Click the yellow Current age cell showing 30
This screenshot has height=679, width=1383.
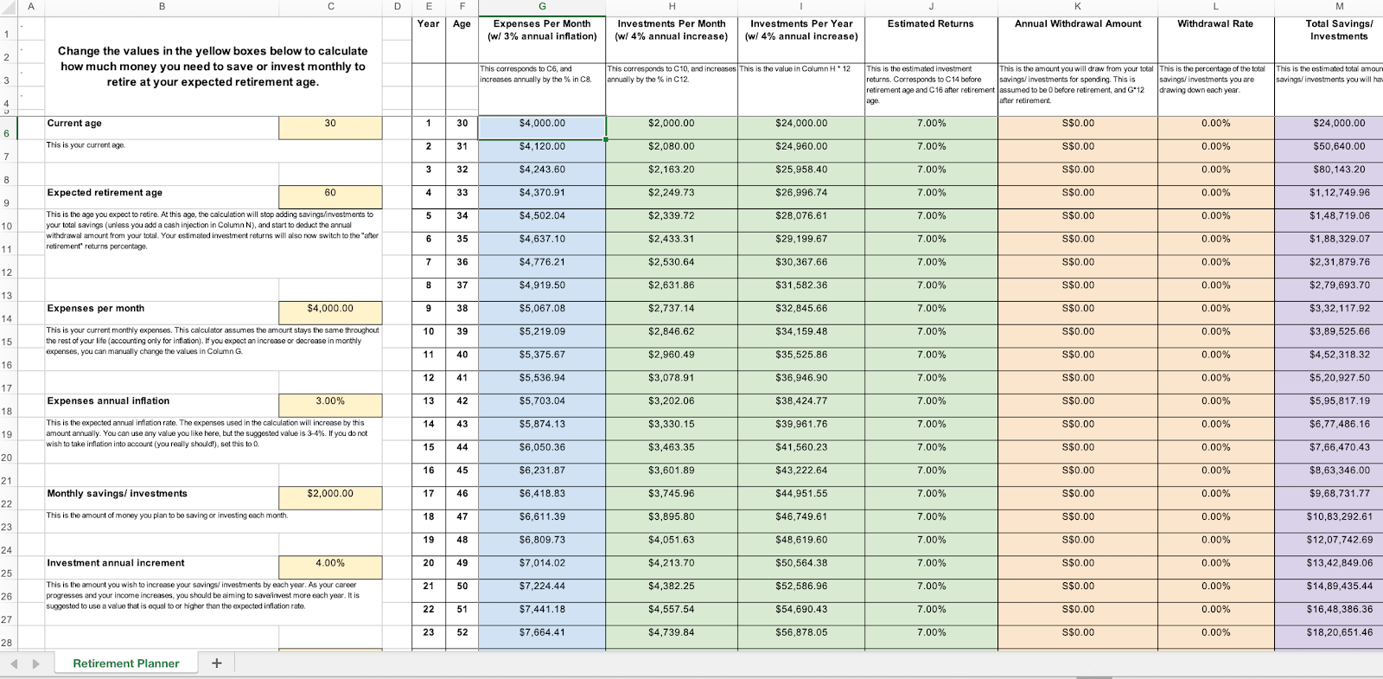point(330,124)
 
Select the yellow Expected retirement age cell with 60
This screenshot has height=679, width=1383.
point(330,193)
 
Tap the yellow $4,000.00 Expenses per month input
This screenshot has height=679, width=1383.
point(330,309)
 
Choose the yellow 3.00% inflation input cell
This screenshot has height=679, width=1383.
point(330,401)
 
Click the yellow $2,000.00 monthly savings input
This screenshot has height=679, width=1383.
point(330,494)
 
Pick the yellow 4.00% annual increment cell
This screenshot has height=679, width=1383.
point(330,563)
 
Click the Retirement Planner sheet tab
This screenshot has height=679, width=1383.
point(126,663)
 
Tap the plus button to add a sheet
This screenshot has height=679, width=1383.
point(217,663)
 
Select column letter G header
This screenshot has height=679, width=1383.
point(542,7)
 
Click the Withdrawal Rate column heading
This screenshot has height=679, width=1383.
point(1214,24)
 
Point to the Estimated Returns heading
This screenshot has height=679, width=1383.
point(930,24)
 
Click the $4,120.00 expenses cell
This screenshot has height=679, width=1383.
point(542,147)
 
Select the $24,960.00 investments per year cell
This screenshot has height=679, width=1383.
point(801,147)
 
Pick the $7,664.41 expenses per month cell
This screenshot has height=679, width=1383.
point(542,632)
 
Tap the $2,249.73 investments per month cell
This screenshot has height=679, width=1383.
point(671,193)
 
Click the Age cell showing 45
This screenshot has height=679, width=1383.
point(462,471)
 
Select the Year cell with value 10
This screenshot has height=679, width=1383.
point(429,331)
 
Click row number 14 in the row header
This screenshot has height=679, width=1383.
point(7,319)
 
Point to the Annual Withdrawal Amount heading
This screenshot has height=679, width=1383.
point(1077,24)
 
